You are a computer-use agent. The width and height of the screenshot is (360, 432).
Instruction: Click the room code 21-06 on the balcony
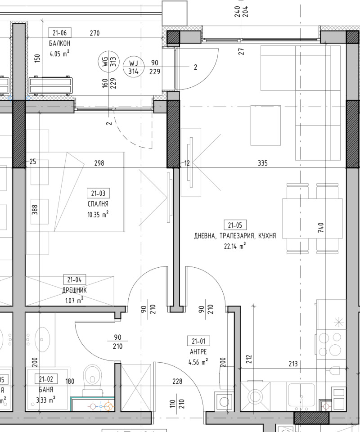pyautogui.click(x=59, y=33)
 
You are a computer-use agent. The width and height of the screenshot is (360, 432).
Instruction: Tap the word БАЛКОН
pyautogui.click(x=60, y=44)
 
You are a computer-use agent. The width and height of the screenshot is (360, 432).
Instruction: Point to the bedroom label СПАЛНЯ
pyautogui.click(x=98, y=204)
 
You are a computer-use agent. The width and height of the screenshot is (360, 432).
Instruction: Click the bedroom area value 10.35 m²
pyautogui.click(x=98, y=215)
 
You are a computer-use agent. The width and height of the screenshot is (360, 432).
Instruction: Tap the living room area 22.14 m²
pyautogui.click(x=235, y=246)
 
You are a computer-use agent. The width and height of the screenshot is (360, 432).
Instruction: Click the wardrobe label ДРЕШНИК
pyautogui.click(x=75, y=290)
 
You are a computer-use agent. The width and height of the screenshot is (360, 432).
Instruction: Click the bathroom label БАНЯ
pyautogui.click(x=46, y=389)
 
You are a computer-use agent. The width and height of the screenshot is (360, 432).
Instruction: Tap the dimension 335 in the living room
pyautogui.click(x=263, y=163)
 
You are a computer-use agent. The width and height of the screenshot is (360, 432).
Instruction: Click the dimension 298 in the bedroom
pyautogui.click(x=99, y=163)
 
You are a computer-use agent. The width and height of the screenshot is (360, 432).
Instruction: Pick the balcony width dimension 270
pyautogui.click(x=94, y=33)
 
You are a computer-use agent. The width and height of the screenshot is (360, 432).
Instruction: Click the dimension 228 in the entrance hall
pyautogui.click(x=178, y=382)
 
